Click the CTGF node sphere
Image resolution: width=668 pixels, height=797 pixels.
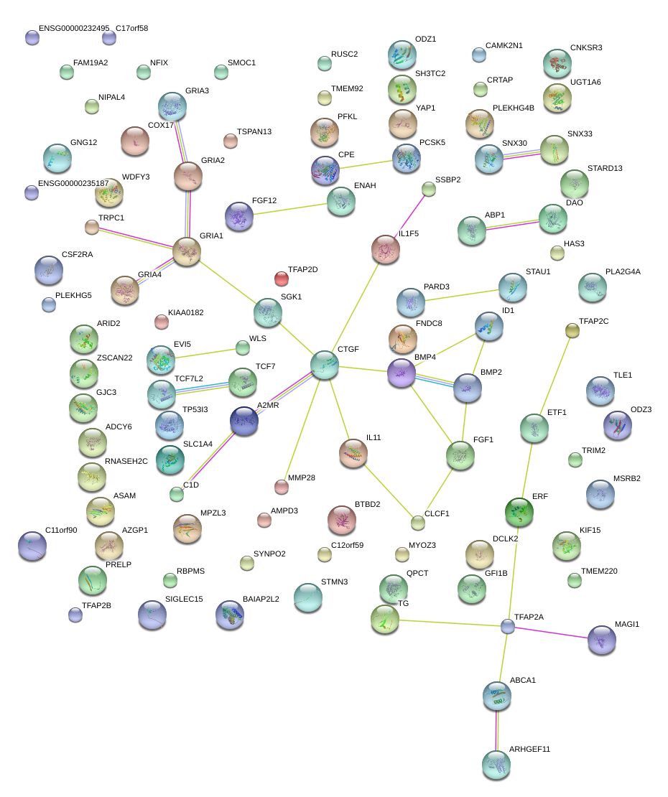point(325,365)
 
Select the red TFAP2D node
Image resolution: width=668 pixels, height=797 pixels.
point(282,278)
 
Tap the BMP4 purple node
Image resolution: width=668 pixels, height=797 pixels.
point(401,373)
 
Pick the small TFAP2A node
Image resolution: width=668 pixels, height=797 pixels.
point(508,626)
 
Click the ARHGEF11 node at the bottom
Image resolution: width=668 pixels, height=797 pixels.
point(496,765)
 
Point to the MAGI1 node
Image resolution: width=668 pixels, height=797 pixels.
point(601,640)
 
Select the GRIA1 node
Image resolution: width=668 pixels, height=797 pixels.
point(187,251)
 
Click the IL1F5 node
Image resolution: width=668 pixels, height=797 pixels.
point(386,249)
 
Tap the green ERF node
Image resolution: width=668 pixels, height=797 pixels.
point(519,511)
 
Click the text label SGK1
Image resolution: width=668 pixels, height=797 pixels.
point(292,297)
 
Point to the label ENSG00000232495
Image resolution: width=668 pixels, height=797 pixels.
point(74,29)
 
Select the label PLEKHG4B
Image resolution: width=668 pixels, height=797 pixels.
point(514,108)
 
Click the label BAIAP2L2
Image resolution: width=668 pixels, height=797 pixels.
point(261,598)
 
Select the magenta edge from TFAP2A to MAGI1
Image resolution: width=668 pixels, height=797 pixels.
point(553,633)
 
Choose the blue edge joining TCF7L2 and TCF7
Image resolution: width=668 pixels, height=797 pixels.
point(202,388)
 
